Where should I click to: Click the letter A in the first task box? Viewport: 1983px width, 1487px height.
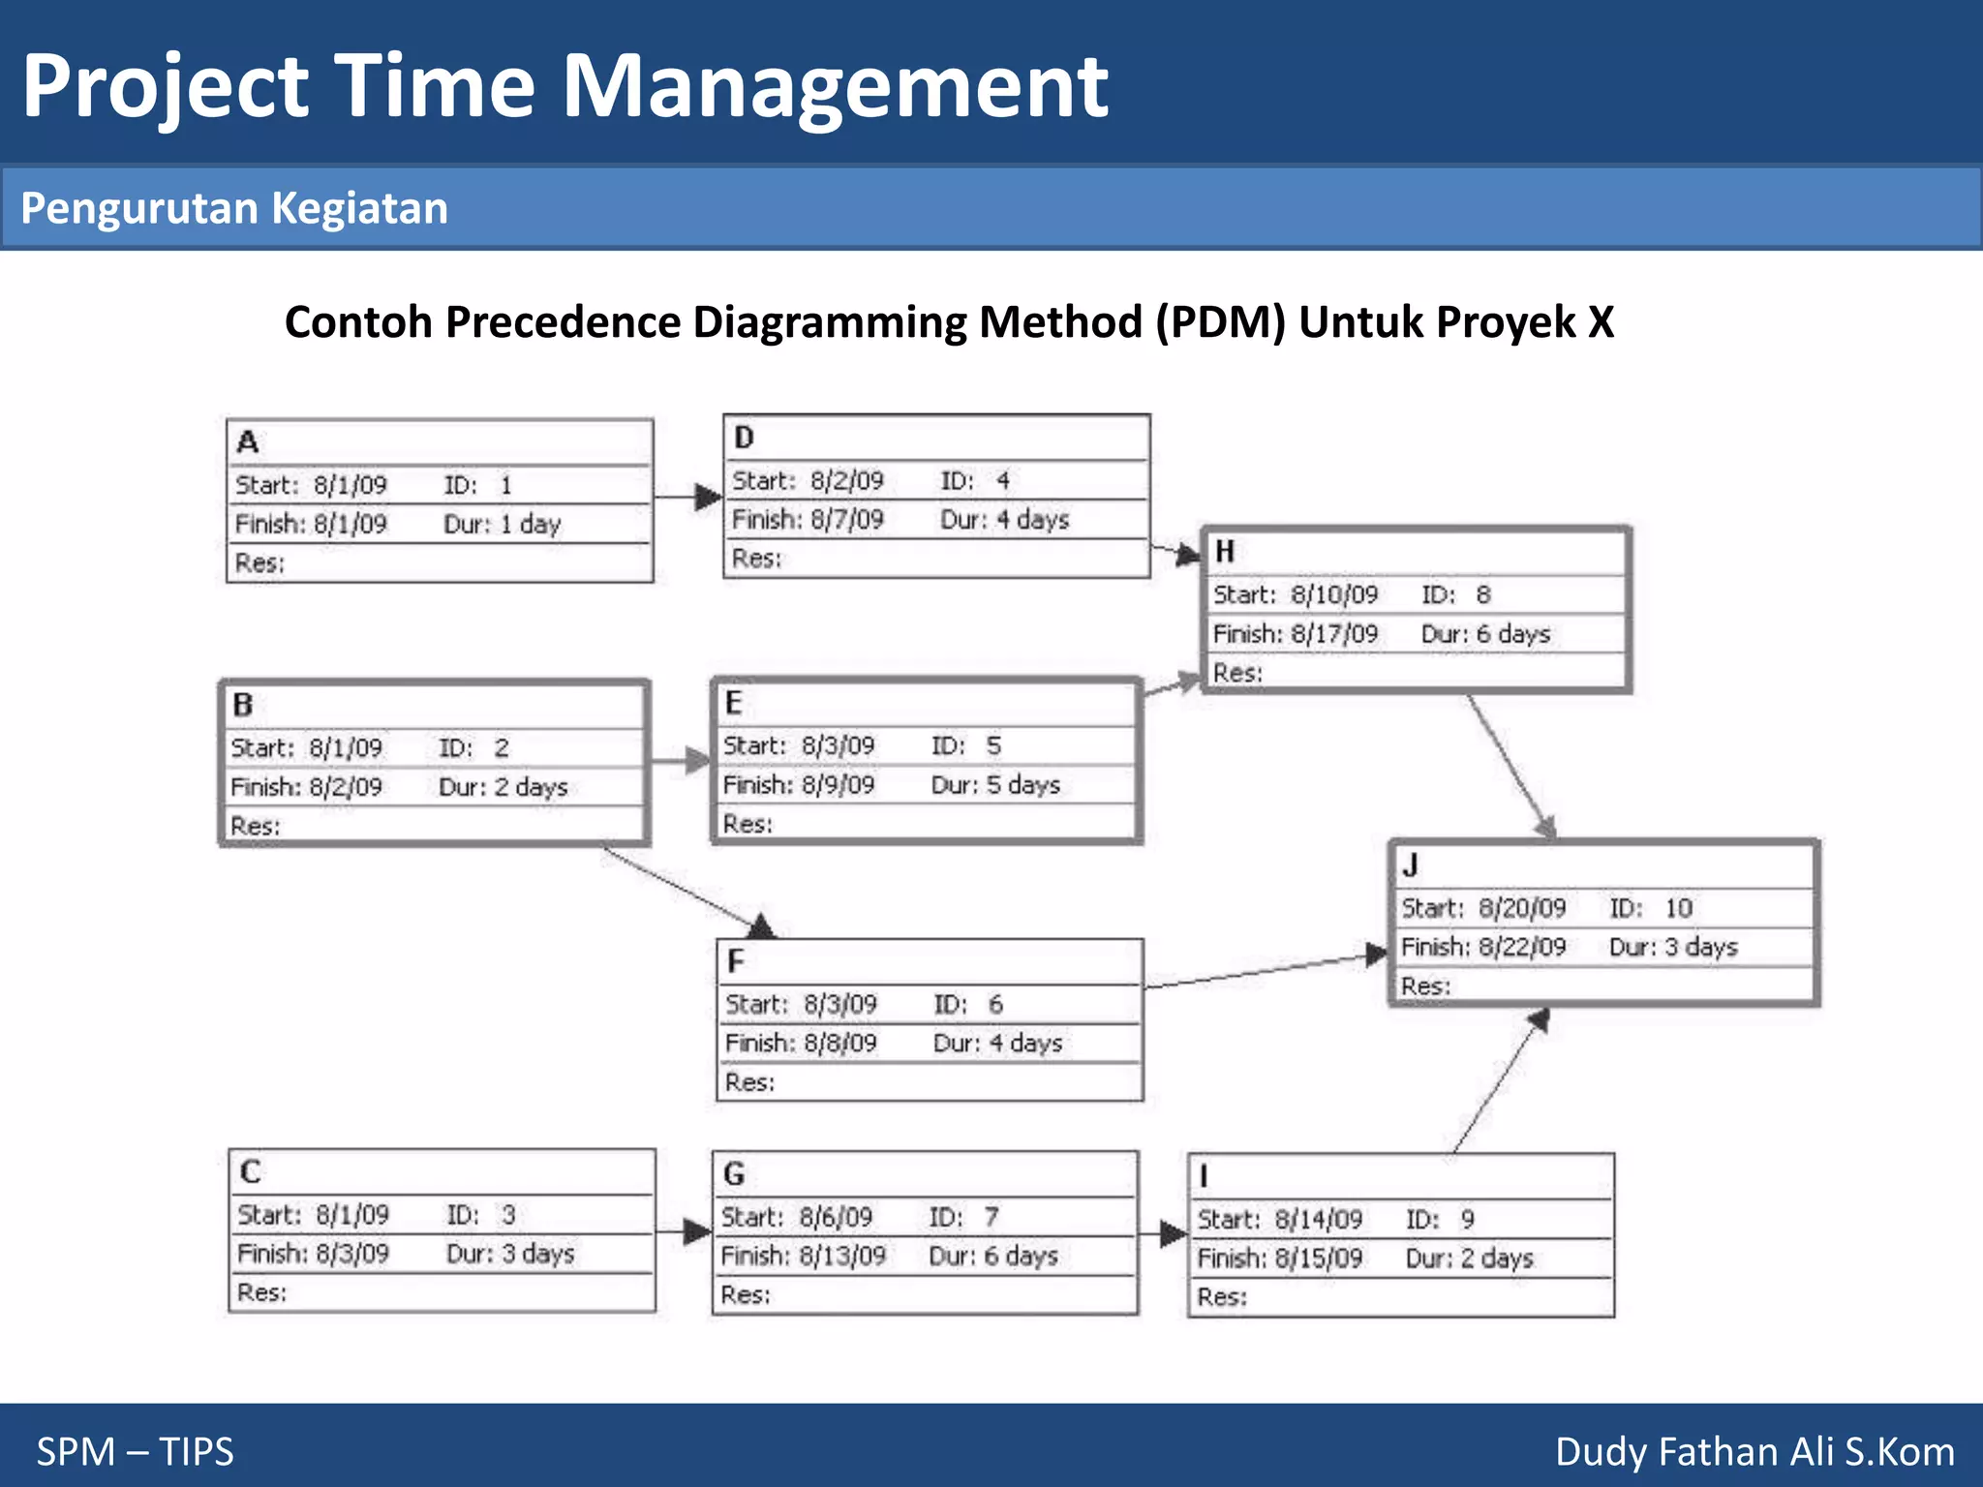[x=248, y=442]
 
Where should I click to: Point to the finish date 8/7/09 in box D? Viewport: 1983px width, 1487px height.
[x=847, y=520]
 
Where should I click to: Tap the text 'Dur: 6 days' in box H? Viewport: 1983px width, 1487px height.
[x=1485, y=634]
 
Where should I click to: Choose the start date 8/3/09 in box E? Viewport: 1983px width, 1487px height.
[x=838, y=745]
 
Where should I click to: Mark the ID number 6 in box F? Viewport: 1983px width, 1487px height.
[x=995, y=1004]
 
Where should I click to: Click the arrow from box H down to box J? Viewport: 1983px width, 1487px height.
[x=1510, y=766]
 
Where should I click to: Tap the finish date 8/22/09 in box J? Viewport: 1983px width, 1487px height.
[x=1522, y=947]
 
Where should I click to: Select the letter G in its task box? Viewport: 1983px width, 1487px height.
[x=734, y=1174]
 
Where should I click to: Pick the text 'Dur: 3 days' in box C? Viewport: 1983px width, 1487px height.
[x=510, y=1254]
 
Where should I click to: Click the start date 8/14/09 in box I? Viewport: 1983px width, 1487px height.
[x=1318, y=1219]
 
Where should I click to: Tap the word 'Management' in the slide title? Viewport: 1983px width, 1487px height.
[x=835, y=87]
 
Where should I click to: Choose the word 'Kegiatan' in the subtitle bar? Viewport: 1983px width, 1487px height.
[x=359, y=208]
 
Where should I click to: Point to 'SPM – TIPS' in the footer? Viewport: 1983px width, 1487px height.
[x=136, y=1451]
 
